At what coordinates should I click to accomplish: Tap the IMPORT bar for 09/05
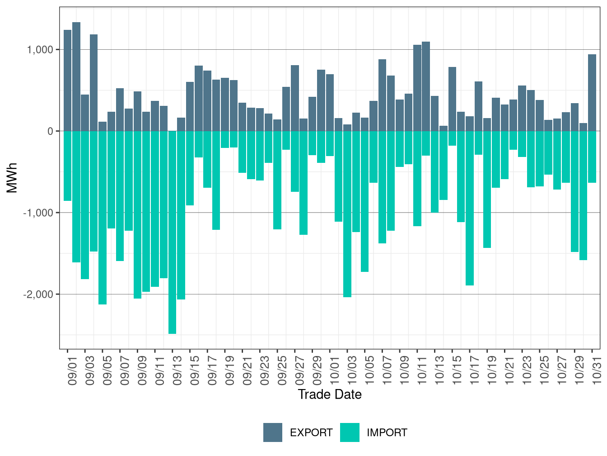103,218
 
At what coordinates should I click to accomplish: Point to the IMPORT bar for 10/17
470,208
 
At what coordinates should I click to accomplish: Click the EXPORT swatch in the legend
273,432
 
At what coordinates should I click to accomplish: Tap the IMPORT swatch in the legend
350,432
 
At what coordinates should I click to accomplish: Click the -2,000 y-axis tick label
38,294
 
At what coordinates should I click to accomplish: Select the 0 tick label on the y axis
50,131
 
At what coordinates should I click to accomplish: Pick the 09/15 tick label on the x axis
195,372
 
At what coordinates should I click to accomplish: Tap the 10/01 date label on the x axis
335,372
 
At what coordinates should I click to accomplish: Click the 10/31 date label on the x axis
597,372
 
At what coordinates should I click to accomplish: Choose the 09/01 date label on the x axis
73,372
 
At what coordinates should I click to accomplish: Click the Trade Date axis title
330,394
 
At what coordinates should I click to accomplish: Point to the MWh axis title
12,178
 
